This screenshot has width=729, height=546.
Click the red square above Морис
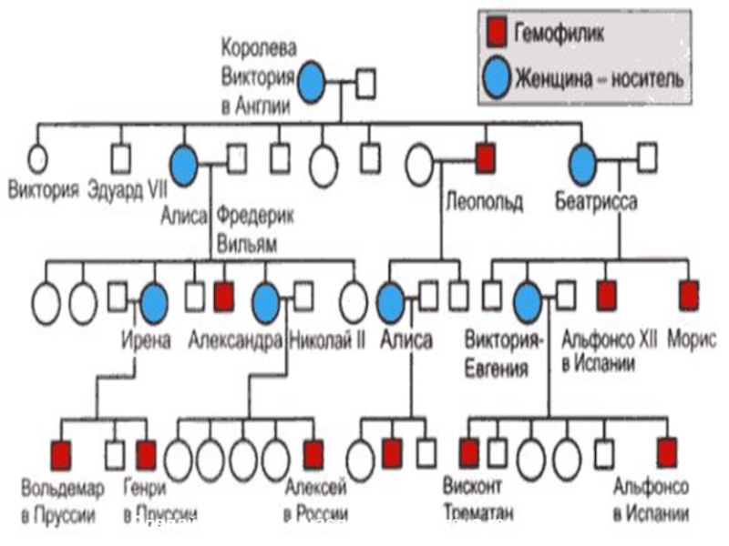click(690, 294)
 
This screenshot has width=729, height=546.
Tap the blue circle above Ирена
click(154, 298)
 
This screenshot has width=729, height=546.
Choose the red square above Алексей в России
click(313, 451)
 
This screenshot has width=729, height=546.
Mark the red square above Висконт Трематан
click(469, 451)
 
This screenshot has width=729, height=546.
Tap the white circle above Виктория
click(36, 159)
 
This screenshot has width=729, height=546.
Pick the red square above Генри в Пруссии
click(146, 451)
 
